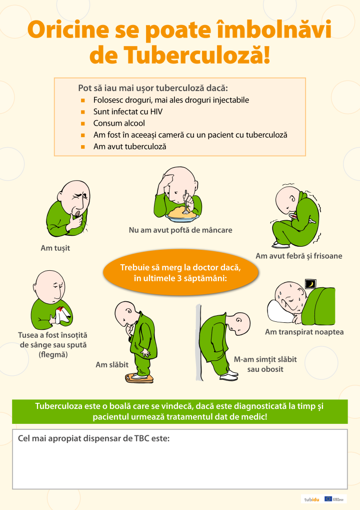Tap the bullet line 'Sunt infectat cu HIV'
tap(127, 112)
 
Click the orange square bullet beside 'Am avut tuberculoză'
tap(83, 147)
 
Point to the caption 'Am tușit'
tap(55, 248)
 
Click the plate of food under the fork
tap(183, 215)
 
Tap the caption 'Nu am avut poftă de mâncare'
tap(180, 230)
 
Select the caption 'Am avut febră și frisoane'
tap(299, 256)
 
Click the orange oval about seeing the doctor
tap(180, 273)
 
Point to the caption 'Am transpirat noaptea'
tap(304, 332)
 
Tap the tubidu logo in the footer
tap(311, 499)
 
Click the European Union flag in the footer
tap(328, 498)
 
